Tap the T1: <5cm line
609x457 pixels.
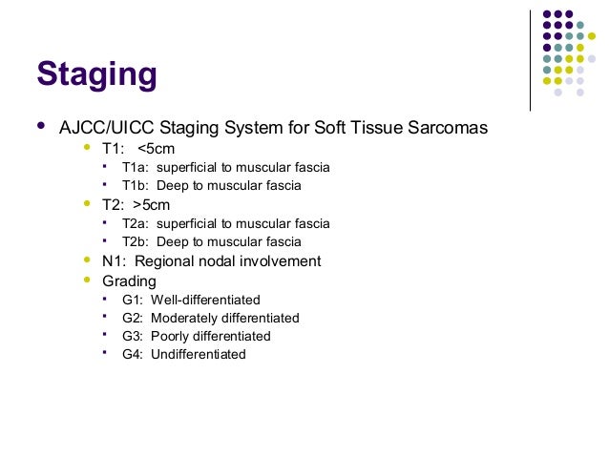tap(137, 148)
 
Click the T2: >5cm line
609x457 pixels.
tap(136, 204)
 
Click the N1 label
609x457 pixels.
tap(113, 260)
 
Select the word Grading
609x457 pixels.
tap(129, 280)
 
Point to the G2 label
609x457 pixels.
tap(132, 318)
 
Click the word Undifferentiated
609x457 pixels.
tap(199, 354)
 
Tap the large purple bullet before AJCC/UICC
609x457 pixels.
tap(40, 126)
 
